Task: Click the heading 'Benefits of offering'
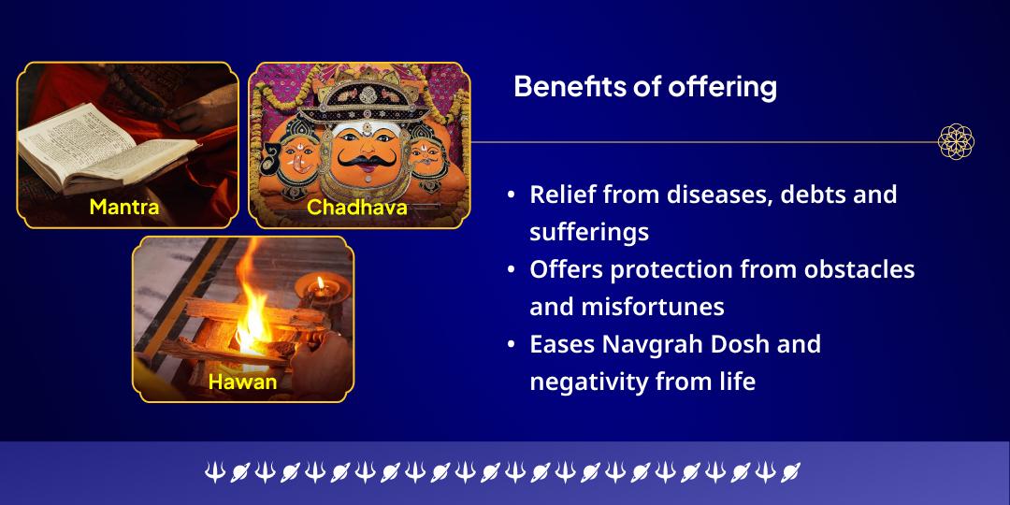point(645,87)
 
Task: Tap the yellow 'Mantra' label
point(124,206)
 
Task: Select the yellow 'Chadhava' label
point(357,207)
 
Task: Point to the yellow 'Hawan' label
point(242,382)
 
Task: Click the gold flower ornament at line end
point(956,142)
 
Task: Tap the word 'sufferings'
point(589,232)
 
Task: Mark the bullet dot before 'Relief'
point(511,195)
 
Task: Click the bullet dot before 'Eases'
point(511,345)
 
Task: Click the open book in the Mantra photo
point(103,150)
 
